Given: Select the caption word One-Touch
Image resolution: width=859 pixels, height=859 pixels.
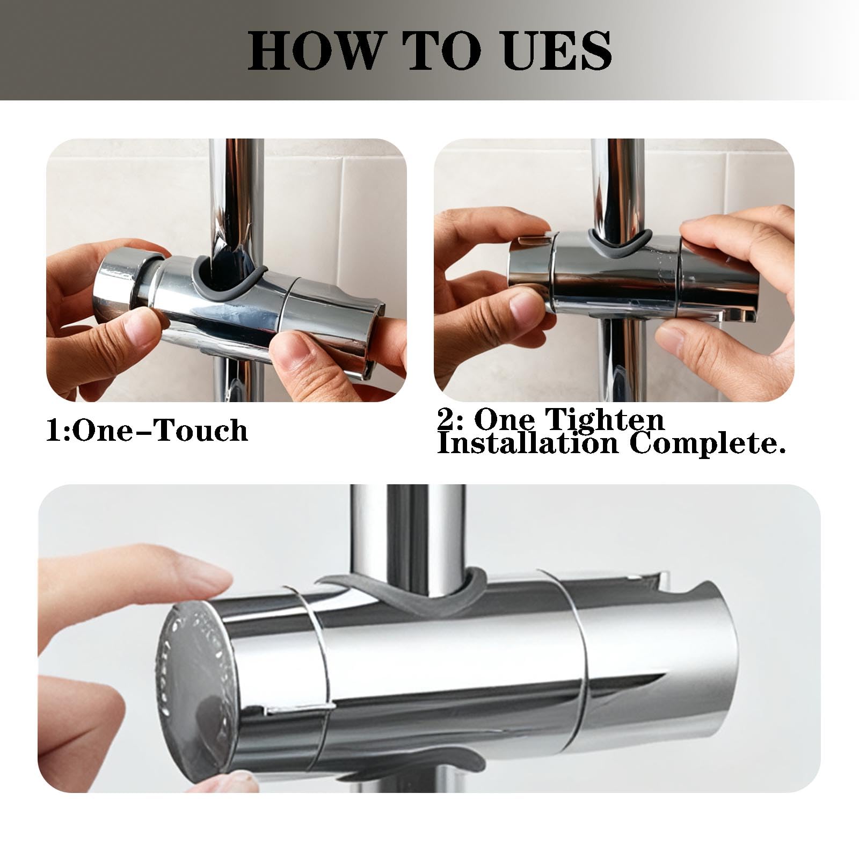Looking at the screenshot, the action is [159, 431].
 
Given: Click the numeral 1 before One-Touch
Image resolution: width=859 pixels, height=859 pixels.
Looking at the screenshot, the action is [53, 431].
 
